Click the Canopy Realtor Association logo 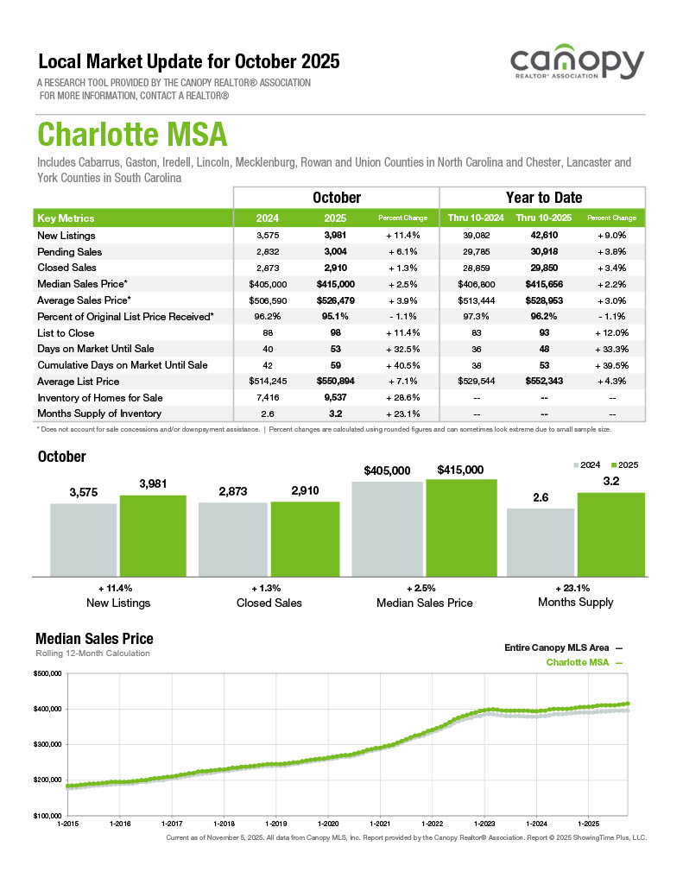pyautogui.click(x=577, y=65)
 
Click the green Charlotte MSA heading pyautogui.click(x=132, y=136)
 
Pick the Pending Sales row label pyautogui.click(x=70, y=252)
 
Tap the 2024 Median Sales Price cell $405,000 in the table pyautogui.click(x=267, y=284)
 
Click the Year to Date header pyautogui.click(x=543, y=198)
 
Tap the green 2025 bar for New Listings pyautogui.click(x=153, y=535)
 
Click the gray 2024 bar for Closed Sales pyautogui.click(x=233, y=539)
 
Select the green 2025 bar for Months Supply pyautogui.click(x=610, y=534)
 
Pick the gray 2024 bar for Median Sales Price pyautogui.click(x=387, y=528)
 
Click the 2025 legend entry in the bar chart pyautogui.click(x=623, y=464)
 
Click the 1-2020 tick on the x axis pyautogui.click(x=328, y=824)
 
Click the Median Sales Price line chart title pyautogui.click(x=94, y=639)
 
